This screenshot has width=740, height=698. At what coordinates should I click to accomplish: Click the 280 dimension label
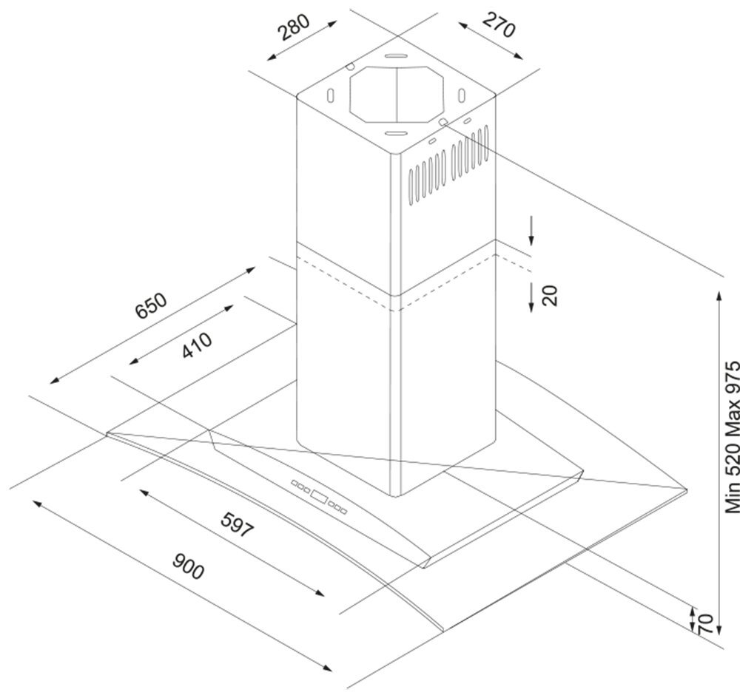(x=294, y=27)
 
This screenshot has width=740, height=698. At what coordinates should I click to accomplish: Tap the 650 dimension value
(x=151, y=306)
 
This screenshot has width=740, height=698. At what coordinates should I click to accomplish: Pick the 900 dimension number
(x=188, y=566)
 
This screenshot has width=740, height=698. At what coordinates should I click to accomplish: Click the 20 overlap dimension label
(x=550, y=296)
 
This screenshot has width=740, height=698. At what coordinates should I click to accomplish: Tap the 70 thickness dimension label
(x=704, y=623)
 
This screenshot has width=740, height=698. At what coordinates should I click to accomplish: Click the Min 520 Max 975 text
(x=733, y=437)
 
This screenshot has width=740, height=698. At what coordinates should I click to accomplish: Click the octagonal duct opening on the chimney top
(x=397, y=95)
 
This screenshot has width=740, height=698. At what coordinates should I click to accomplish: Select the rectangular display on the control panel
(x=320, y=497)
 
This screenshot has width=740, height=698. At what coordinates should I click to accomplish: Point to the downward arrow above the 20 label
(x=531, y=231)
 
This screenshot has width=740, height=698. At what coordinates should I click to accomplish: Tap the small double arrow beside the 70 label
(x=692, y=618)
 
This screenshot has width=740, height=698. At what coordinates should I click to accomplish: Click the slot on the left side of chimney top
(x=331, y=95)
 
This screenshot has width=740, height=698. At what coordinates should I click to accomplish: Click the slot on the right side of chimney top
(x=462, y=95)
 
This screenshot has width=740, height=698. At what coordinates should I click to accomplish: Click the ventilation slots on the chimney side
(x=448, y=164)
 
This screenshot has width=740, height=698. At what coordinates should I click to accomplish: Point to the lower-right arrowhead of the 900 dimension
(x=326, y=668)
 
